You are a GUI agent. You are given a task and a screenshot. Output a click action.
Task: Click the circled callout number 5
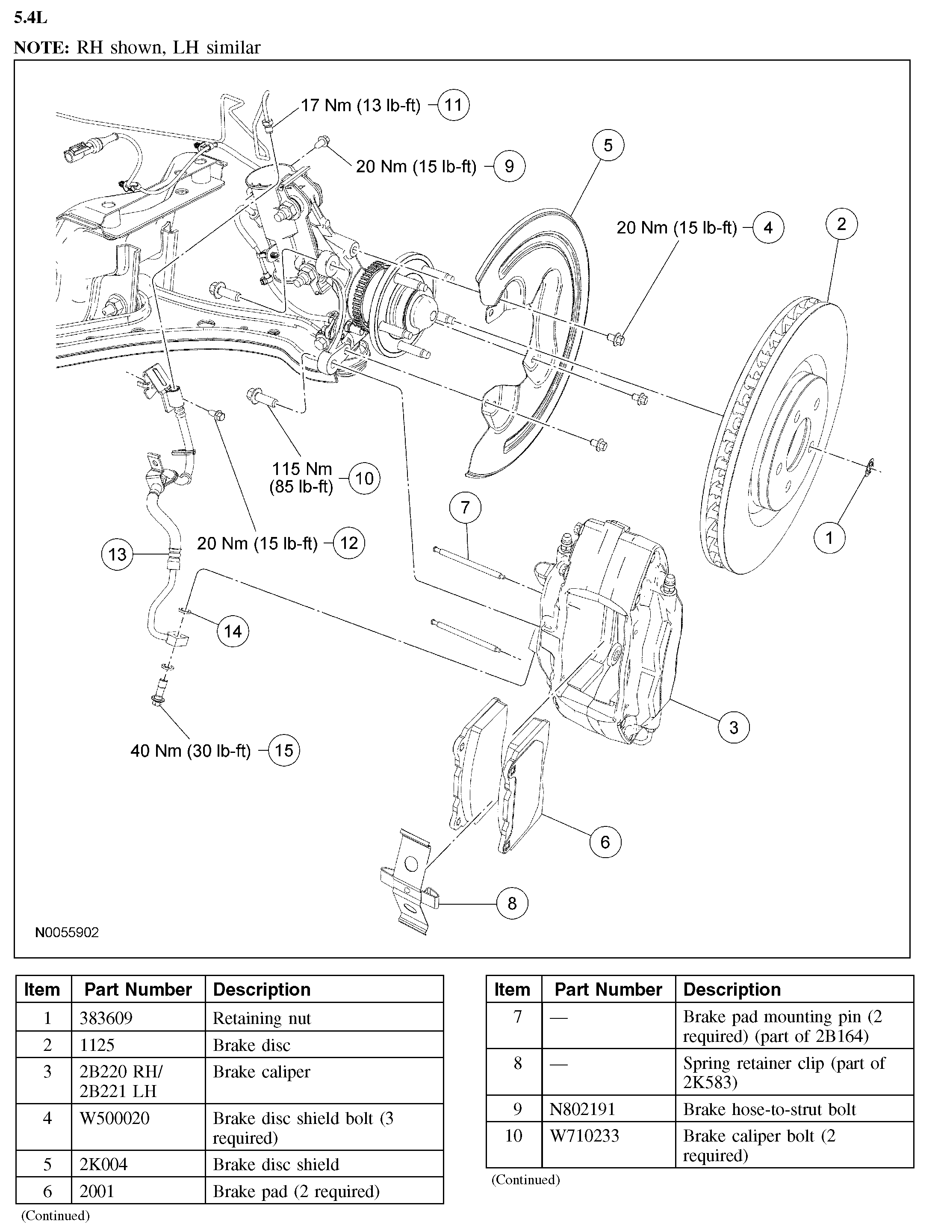pos(608,145)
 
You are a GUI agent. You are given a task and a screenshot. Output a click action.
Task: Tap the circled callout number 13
pos(117,555)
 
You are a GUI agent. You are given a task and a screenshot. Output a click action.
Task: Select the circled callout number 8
pos(511,903)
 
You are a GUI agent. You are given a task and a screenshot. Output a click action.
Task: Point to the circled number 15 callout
pos(284,751)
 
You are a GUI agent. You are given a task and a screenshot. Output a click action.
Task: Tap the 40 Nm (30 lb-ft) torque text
pos(191,751)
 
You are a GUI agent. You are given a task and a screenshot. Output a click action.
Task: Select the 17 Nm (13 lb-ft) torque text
pos(361,105)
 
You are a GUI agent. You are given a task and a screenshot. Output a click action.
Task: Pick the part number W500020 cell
pos(115,1118)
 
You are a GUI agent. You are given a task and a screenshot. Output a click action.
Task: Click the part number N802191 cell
pos(583,1109)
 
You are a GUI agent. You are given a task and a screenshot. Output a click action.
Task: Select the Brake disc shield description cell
pos(276,1164)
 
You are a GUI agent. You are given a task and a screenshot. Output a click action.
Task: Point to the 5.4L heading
pos(30,18)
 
